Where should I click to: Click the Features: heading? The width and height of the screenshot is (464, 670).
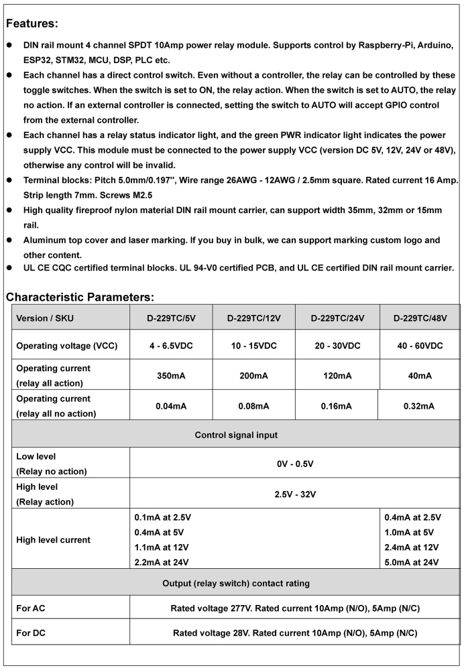coord(33,23)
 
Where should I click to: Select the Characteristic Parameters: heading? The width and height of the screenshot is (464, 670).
coord(80,296)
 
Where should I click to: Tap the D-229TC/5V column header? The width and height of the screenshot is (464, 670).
coord(171,318)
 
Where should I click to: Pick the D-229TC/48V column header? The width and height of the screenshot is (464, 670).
coord(420,318)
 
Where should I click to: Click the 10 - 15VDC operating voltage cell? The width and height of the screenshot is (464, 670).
coord(253,346)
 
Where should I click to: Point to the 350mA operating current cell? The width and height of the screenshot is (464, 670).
coord(171,376)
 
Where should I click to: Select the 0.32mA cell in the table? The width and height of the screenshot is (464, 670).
coord(420,406)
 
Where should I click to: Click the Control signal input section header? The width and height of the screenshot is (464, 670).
coord(236,435)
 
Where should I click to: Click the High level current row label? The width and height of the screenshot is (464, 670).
coord(53,539)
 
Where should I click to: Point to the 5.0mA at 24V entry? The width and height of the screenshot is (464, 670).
coord(411,561)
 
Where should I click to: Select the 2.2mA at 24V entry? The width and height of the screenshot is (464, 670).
coord(162,561)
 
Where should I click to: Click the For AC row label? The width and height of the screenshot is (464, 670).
coord(31,608)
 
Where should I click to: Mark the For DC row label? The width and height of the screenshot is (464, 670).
coord(31,632)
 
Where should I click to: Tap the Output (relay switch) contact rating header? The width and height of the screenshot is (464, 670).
coord(236,584)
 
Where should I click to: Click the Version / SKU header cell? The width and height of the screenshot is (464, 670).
coord(45,318)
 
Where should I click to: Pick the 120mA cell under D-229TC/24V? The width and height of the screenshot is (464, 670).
coord(337,376)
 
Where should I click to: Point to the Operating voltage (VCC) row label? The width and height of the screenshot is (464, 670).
coord(66,346)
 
